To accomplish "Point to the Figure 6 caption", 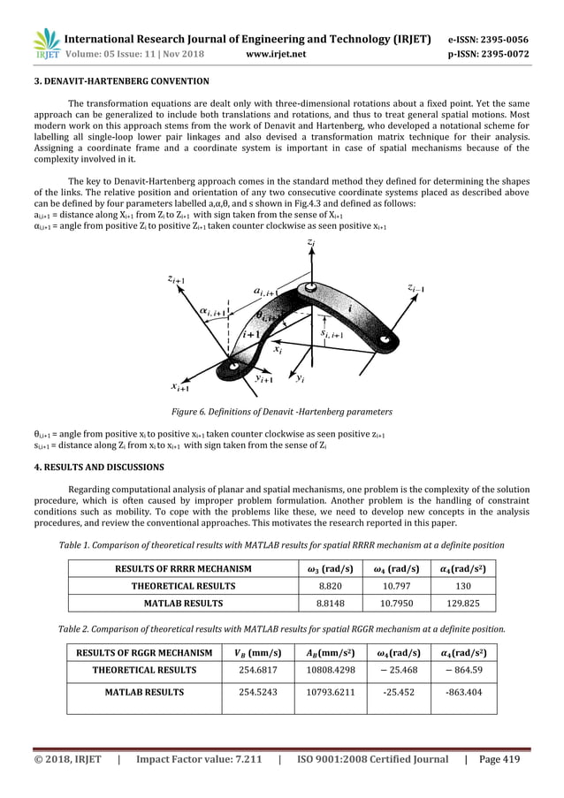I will click(x=282, y=413).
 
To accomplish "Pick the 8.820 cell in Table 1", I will click(x=329, y=585).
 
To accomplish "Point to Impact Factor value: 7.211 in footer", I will click(x=198, y=758).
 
